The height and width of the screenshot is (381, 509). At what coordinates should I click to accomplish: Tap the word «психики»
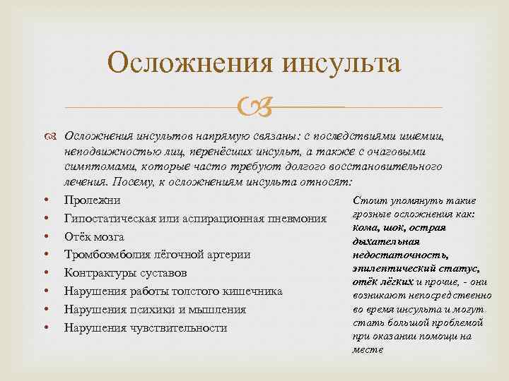[x=147, y=310]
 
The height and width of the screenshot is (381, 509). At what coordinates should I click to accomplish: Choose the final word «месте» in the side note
[x=366, y=349]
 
